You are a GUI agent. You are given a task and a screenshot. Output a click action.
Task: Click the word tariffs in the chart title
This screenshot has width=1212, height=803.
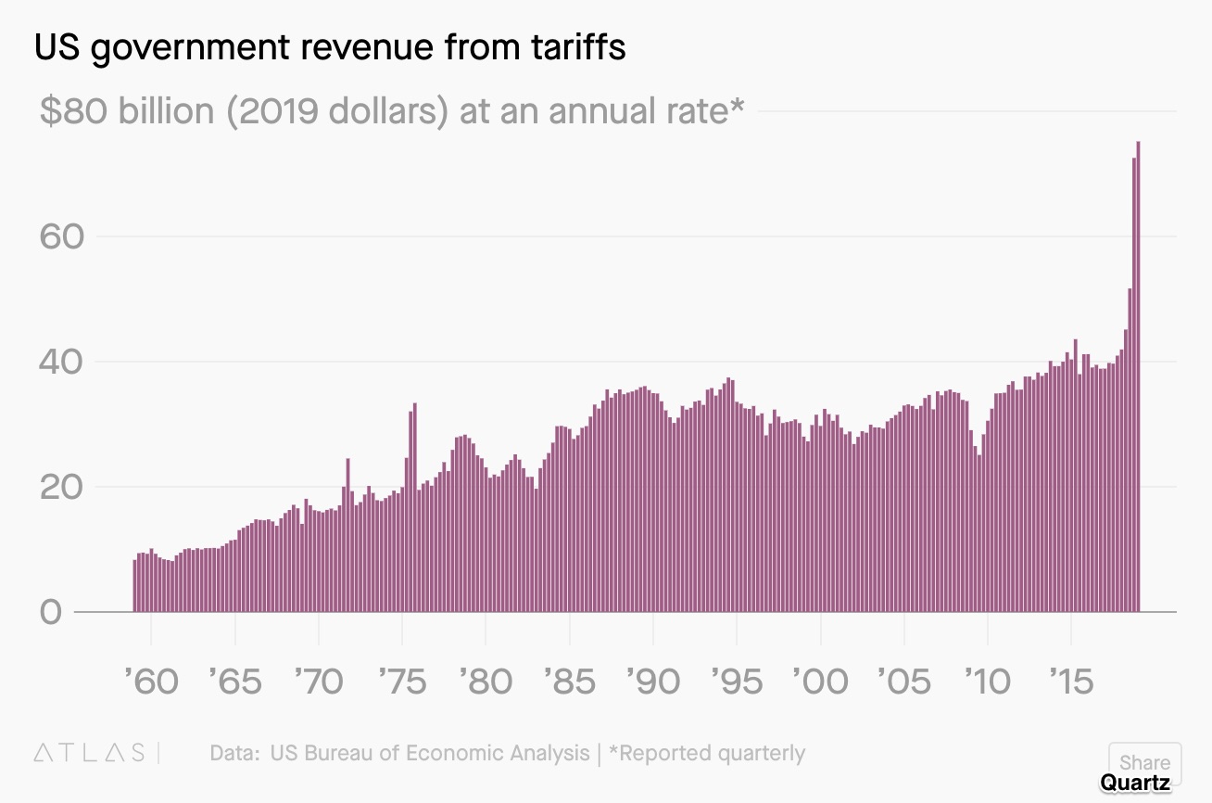578,46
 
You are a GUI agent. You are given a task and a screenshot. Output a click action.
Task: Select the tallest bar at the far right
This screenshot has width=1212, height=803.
1138,376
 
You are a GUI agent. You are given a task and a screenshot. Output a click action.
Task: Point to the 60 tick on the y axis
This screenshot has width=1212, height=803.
62,236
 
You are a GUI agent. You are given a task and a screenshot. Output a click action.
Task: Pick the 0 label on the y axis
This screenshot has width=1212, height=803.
51,612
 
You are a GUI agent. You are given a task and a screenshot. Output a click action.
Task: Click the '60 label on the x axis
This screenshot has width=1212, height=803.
151,681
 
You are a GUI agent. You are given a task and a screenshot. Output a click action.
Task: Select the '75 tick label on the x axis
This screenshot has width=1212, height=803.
402,681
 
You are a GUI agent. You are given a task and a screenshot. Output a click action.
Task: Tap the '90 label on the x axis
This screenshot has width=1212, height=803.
653,681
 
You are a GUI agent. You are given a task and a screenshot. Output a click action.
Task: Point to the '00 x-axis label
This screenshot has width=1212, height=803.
821,681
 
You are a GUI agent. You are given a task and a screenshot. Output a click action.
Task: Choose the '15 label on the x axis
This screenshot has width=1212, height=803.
1071,681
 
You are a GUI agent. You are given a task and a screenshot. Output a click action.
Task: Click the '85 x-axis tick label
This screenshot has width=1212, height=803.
569,681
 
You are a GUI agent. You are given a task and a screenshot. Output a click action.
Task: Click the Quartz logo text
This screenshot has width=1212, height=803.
1135,783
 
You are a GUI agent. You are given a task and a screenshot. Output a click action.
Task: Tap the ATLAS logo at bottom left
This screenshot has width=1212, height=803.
90,753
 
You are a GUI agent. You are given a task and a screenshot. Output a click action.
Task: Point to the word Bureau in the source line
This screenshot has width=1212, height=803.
339,753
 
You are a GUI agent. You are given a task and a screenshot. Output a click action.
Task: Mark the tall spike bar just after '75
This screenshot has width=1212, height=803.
414,507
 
